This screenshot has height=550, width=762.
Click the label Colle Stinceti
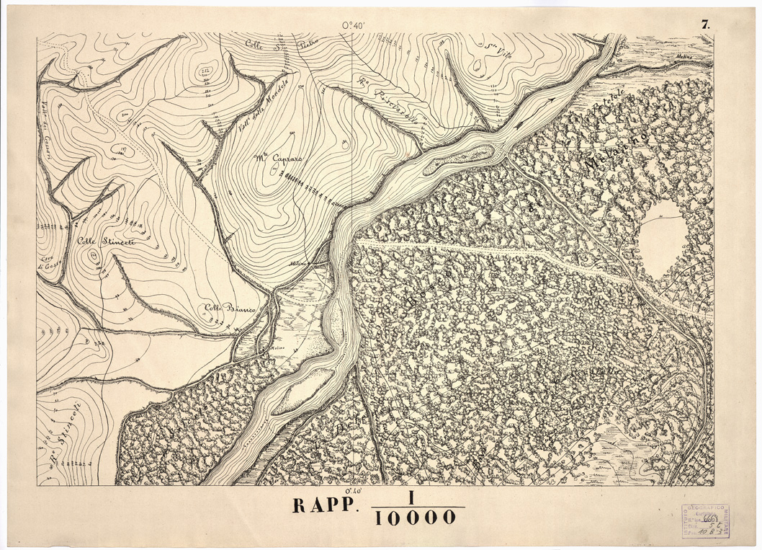tap(106, 243)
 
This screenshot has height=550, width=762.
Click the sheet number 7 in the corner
tap(705, 24)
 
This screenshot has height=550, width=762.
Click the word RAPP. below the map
tap(324, 505)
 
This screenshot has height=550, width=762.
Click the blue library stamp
tap(705, 520)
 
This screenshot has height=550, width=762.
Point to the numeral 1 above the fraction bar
tap(413, 497)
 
